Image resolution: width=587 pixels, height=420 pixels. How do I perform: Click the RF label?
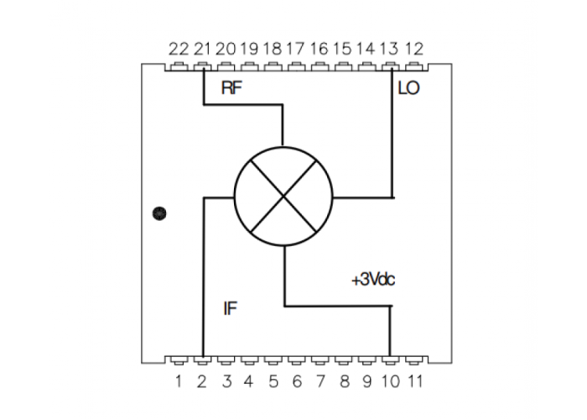point(231,87)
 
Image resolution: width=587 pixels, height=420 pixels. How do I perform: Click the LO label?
point(408,88)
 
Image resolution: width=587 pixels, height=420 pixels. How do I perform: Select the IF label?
point(230,308)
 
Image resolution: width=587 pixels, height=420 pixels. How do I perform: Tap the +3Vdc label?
point(373,280)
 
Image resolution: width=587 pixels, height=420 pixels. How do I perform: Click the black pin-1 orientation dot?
point(159,213)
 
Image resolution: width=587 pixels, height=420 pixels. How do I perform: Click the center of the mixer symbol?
point(283,196)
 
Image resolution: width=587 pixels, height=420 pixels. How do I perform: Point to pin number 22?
point(179,49)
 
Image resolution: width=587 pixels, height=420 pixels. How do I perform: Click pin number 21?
point(202,49)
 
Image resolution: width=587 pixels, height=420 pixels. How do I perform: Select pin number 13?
point(389,49)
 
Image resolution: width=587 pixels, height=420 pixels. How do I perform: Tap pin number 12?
point(414,49)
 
